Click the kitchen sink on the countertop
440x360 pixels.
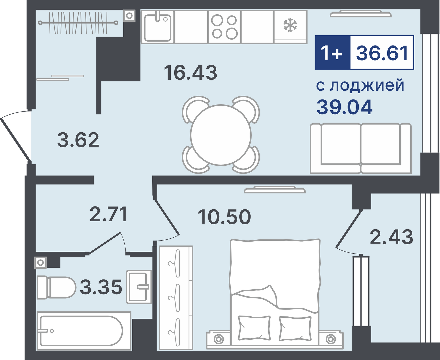[158, 27]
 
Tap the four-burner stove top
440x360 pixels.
[224, 27]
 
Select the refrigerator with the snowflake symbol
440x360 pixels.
[290, 26]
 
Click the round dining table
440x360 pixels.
[221, 135]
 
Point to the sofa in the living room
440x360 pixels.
[361, 148]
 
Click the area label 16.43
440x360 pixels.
[190, 72]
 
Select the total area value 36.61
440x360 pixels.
[382, 53]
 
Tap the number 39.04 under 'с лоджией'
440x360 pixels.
[344, 107]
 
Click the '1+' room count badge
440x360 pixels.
[332, 53]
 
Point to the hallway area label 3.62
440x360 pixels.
[78, 140]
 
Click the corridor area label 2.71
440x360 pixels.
[109, 214]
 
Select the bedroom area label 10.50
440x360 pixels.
[224, 217]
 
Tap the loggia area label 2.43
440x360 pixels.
[391, 237]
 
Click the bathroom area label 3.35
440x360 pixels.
[101, 287]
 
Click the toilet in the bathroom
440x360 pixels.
[56, 287]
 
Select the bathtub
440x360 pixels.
[83, 331]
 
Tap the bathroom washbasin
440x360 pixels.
[139, 287]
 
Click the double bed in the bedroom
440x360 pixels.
[275, 290]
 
